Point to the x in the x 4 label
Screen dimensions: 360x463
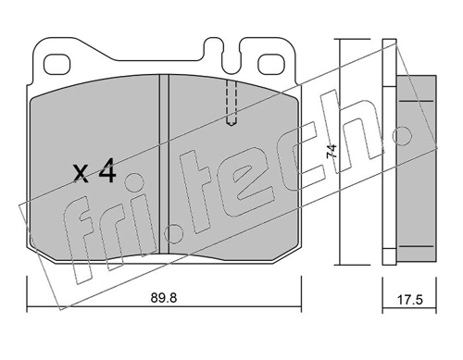(x=81, y=174)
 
